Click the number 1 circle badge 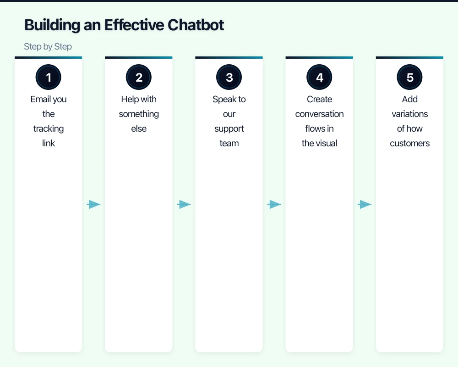pos(49,78)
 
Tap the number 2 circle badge pos(139,78)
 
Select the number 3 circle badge pos(229,78)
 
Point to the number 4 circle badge pos(319,78)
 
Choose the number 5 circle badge pos(409,78)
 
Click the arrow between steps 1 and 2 pos(93,205)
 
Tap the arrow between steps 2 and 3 pos(184,205)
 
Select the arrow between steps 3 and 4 pos(274,205)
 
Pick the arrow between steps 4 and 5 pos(364,205)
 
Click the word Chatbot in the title pos(196,25)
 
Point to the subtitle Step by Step pos(48,47)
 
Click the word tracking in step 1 pos(49,128)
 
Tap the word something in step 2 pos(139,114)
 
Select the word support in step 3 pos(229,128)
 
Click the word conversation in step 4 pos(319,114)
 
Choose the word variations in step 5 pos(409,114)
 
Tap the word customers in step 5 pos(409,143)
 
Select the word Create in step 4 pos(319,99)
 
